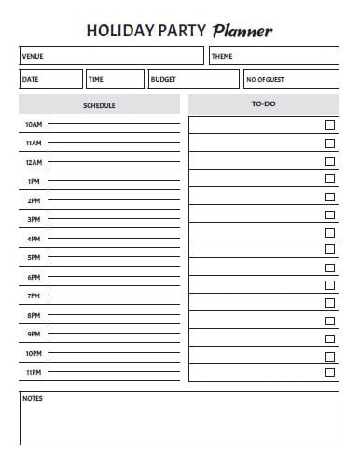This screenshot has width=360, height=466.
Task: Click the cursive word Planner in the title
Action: click(x=242, y=31)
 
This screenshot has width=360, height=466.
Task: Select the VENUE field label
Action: click(x=33, y=57)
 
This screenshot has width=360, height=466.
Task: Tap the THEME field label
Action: click(x=222, y=57)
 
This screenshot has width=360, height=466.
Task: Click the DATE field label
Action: click(x=30, y=80)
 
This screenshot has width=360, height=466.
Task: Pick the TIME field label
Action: click(x=96, y=80)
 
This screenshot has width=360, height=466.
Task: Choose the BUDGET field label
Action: click(x=163, y=80)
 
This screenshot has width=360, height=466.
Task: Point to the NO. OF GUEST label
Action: click(x=265, y=80)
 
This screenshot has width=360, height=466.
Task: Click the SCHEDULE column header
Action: click(x=99, y=105)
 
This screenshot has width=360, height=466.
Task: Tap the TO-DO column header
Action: click(x=264, y=104)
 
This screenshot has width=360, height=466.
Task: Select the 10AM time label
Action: click(x=34, y=124)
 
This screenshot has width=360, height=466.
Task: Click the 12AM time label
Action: click(x=34, y=162)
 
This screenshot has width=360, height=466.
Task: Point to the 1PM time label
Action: click(x=34, y=181)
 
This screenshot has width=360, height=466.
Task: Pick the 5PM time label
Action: click(x=34, y=257)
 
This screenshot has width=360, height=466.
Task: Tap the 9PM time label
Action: click(x=34, y=334)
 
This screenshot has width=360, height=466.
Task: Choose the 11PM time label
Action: click(x=34, y=373)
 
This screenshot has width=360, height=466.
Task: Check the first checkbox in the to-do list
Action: click(x=329, y=125)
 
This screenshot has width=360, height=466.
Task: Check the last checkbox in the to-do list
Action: click(x=329, y=373)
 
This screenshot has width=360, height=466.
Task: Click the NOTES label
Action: click(x=33, y=399)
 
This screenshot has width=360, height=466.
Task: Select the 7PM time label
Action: click(x=34, y=295)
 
